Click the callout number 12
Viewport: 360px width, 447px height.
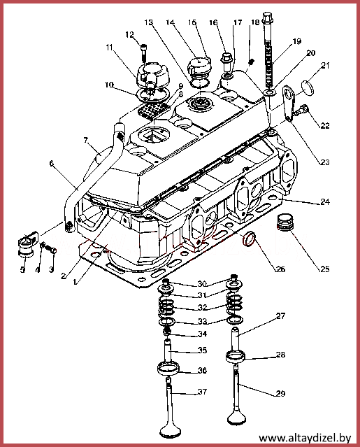(x=129, y=35)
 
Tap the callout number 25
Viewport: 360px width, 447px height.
(x=325, y=269)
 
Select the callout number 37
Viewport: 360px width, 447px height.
(x=202, y=392)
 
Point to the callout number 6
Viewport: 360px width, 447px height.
(x=52, y=164)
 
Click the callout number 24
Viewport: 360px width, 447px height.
(x=325, y=202)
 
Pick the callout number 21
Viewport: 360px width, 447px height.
(x=325, y=66)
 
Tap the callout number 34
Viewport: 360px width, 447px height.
(x=202, y=334)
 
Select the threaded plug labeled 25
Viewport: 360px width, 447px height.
(x=286, y=222)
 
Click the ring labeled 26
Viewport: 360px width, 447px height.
(x=249, y=239)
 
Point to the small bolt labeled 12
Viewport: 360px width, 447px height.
(x=144, y=52)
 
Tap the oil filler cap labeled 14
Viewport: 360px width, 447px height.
(x=199, y=66)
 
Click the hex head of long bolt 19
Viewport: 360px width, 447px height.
(x=268, y=17)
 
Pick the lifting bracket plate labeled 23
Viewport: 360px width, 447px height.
(x=289, y=104)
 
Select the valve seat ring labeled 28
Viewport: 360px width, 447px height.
(x=236, y=357)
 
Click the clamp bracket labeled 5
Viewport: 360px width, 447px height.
(x=27, y=245)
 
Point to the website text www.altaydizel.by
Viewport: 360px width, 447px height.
(x=305, y=438)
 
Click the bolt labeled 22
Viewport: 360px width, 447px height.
(x=301, y=111)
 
